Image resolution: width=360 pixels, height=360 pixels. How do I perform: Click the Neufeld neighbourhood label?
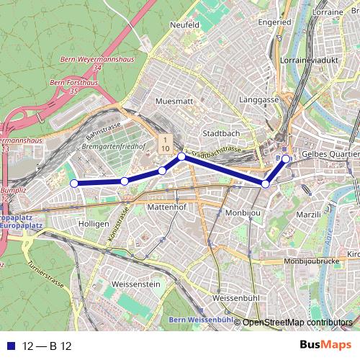(x=184, y=24)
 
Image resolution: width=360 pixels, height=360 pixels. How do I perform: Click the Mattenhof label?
(x=166, y=206)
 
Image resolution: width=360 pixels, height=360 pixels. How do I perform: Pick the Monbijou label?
(x=242, y=214)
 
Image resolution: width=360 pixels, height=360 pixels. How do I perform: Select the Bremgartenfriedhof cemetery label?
(x=114, y=146)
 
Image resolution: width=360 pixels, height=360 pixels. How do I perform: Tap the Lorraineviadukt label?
(x=312, y=60)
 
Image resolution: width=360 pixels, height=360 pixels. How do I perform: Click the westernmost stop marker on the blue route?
(x=73, y=183)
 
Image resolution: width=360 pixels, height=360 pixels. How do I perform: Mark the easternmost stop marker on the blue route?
(x=286, y=159)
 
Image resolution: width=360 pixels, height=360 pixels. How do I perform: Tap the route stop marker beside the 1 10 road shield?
(x=181, y=156)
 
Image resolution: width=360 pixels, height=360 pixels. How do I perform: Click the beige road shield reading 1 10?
(x=165, y=143)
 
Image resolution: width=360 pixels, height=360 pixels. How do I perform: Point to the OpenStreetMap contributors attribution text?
(x=297, y=323)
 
